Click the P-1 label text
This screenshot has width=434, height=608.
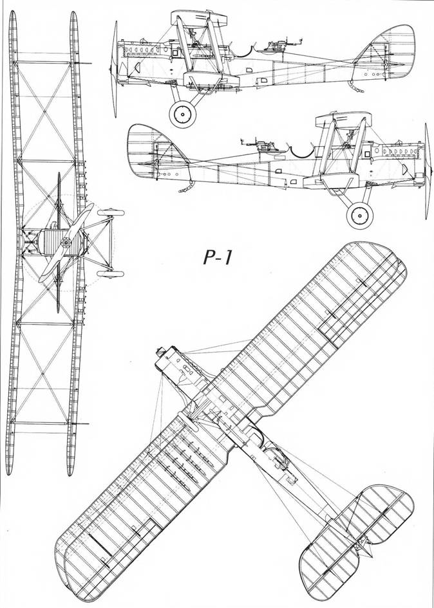pos(218,258)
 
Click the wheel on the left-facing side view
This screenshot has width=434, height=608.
pos(182,114)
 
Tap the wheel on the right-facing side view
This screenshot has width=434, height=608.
pos(360,215)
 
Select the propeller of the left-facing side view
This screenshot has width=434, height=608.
pos(114,69)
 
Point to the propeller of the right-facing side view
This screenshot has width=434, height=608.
pos(428,171)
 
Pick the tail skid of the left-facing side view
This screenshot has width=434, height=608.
pos(356,88)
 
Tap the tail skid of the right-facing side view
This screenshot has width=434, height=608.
pos(186,187)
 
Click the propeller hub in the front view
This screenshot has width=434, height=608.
pos(66,243)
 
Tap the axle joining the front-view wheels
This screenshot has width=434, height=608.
pos(112,243)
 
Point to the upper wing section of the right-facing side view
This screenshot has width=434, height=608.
pos(343,120)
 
